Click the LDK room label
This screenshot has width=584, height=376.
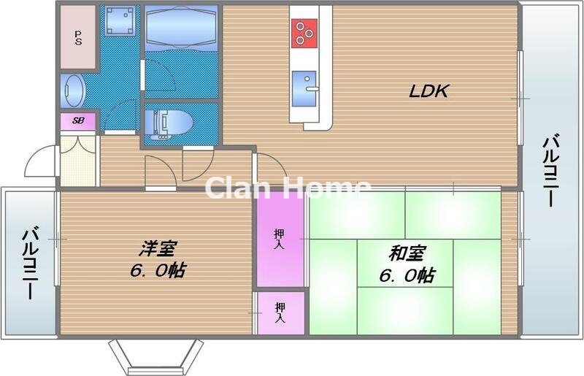pyautogui.click(x=428, y=92)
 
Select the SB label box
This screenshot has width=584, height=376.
pyautogui.click(x=77, y=120)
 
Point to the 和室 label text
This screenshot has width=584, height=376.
pyautogui.click(x=407, y=254)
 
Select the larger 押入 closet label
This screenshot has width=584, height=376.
pyautogui.click(x=280, y=239)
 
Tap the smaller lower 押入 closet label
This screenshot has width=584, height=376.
pyautogui.click(x=280, y=313)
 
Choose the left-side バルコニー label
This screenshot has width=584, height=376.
pyautogui.click(x=30, y=263)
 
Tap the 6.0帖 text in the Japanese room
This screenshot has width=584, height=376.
pyautogui.click(x=407, y=275)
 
